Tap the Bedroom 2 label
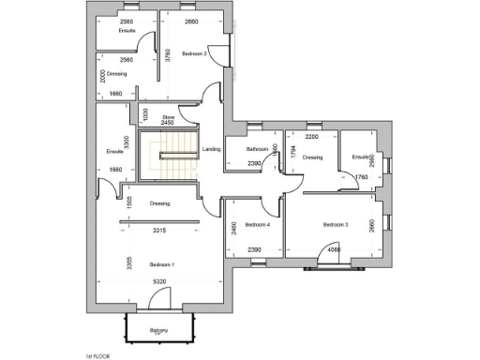click(x=194, y=53)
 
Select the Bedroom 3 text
click(x=336, y=225)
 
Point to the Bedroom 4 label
click(x=258, y=225)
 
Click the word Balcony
click(x=158, y=330)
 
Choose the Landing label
click(x=212, y=148)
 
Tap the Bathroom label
click(x=258, y=150)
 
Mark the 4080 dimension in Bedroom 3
click(x=334, y=249)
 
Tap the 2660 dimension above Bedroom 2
click(x=191, y=21)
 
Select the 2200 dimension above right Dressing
click(x=312, y=137)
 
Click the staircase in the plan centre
click(x=170, y=156)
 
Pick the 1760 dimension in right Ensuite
click(x=363, y=176)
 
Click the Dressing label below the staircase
click(x=159, y=203)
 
